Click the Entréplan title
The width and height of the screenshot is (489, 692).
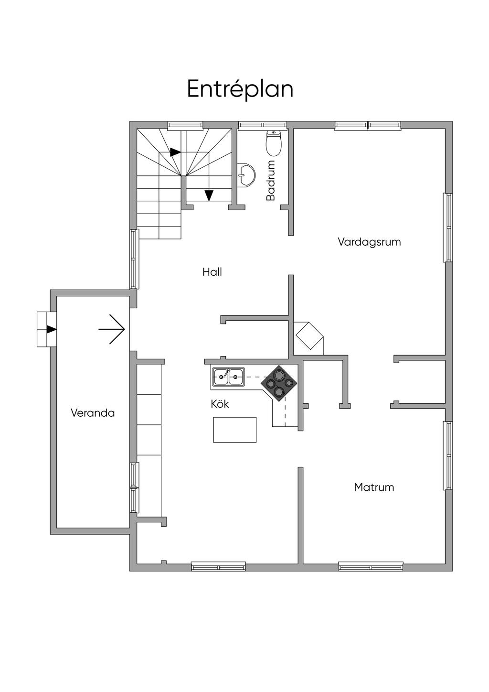coord(240,89)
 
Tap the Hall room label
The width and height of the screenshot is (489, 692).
coord(212,272)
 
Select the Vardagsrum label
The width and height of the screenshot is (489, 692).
coord(369,242)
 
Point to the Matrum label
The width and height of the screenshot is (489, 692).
coord(374,487)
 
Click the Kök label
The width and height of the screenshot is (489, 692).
coord(220,404)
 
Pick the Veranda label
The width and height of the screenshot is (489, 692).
coord(93,413)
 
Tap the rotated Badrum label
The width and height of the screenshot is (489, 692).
coord(271,181)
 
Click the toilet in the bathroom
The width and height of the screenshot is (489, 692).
coord(274,143)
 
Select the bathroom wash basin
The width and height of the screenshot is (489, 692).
coord(246,175)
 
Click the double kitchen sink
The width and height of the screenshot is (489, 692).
coord(228,377)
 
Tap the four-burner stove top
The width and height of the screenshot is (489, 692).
coord(279,383)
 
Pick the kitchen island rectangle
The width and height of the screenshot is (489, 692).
coord(235,430)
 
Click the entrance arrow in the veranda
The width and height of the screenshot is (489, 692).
coord(112,329)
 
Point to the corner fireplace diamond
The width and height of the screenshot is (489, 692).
coord(309,335)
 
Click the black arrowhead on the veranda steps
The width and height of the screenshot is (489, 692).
coord(51,329)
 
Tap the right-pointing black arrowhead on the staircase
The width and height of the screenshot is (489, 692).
coord(175,151)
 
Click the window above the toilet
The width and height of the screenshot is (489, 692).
coord(262,125)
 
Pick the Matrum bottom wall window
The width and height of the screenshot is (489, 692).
coord(371,567)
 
